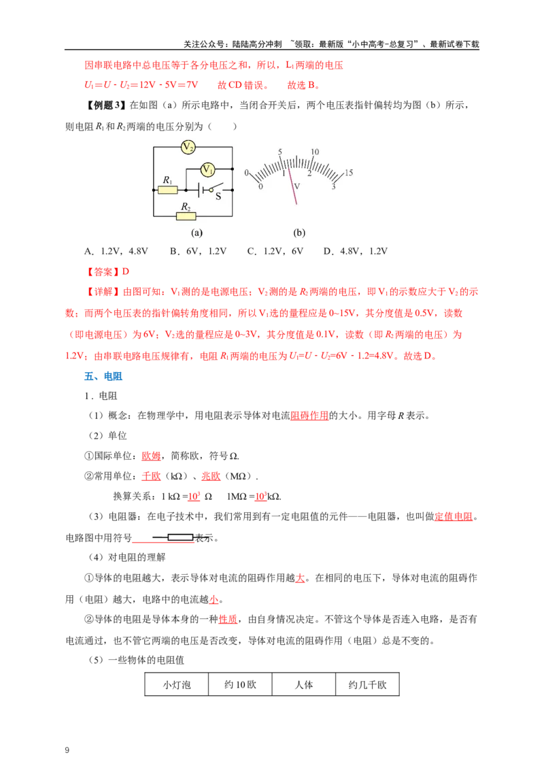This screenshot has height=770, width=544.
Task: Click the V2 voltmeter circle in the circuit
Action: [x=188, y=147]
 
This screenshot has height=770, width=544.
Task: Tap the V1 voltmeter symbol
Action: [x=207, y=170]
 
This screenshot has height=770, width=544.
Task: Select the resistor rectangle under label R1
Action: [x=168, y=190]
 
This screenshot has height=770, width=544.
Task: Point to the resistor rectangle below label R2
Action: [x=186, y=216]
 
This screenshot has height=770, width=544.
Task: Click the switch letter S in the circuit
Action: [x=218, y=197]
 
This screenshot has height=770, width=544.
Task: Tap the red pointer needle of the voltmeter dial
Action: [x=292, y=184]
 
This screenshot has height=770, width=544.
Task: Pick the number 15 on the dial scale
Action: [x=349, y=172]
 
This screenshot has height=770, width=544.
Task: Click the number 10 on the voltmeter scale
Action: [x=315, y=152]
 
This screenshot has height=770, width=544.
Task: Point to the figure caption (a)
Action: [x=197, y=232]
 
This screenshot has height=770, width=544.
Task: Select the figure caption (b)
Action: [x=299, y=232]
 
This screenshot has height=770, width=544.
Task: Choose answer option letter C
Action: [x=251, y=252]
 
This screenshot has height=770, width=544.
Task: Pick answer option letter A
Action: [x=88, y=252]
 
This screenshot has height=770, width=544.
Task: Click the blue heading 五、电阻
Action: [x=103, y=377]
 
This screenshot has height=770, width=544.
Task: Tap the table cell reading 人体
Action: [x=304, y=684]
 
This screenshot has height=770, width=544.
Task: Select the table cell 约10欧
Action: [x=240, y=684]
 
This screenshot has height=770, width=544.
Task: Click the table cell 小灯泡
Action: [x=177, y=684]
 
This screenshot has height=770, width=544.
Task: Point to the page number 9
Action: [x=67, y=750]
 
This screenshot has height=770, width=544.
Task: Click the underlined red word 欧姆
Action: [x=151, y=456]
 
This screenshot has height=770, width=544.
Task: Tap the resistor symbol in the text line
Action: [x=173, y=538]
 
